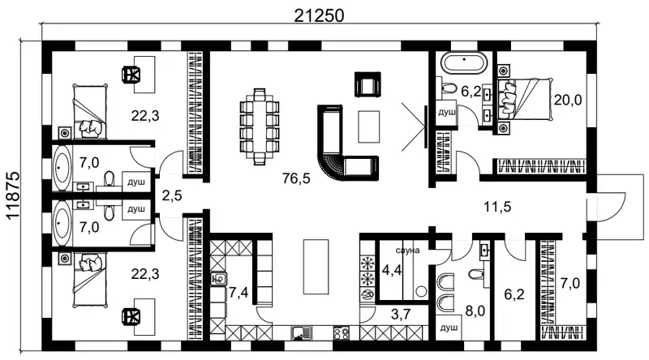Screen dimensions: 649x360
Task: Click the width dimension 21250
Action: pos(319,15)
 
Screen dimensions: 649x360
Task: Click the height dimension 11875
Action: pos(13,195)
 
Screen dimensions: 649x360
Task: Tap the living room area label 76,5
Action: pos(296,178)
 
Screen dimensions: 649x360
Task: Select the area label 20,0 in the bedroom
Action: pos(568,100)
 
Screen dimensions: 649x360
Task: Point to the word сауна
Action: pos(407,251)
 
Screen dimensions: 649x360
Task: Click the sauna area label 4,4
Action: pos(392,270)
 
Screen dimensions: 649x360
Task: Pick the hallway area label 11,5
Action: pos(497,207)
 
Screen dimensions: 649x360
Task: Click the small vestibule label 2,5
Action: pos(172,195)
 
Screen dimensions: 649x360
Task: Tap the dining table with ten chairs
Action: pos(260,126)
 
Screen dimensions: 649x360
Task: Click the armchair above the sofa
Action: pos(367,84)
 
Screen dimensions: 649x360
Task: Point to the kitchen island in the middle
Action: pos(316,266)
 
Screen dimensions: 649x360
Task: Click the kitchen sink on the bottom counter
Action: pos(302,333)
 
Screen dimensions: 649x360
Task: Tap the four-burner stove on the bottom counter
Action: pos(342,333)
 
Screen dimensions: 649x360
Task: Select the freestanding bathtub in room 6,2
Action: pos(464,63)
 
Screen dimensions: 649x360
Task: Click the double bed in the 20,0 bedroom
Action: pos(525,100)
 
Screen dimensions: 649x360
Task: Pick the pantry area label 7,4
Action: pos(239,293)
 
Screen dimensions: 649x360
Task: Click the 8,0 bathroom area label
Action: pos(475,311)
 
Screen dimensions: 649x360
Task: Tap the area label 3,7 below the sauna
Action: pos(401,315)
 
